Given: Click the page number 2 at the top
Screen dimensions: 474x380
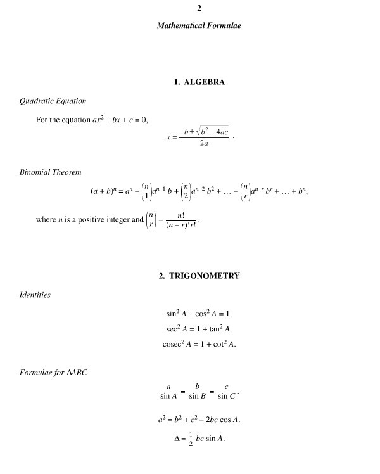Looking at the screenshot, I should (x=199, y=8).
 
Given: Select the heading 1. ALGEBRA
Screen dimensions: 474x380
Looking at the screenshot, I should (x=199, y=82).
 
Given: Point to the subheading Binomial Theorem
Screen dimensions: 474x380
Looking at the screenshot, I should (x=51, y=172).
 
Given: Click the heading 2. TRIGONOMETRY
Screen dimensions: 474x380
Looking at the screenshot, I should (x=199, y=276).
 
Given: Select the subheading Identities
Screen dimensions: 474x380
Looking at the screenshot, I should (x=35, y=295).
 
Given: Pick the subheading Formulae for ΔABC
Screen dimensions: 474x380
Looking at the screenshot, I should (x=54, y=372).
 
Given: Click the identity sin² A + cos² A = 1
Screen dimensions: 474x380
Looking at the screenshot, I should (x=199, y=314).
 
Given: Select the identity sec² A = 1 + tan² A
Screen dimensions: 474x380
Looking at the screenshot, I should (x=199, y=329).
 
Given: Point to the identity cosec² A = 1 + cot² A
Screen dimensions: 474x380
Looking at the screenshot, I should (x=199, y=344).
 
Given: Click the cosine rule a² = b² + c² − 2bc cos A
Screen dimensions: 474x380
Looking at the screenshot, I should (x=199, y=420).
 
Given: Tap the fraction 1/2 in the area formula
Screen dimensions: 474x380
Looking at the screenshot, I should (x=174, y=439).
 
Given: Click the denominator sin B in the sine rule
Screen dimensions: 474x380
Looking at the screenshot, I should (x=198, y=397).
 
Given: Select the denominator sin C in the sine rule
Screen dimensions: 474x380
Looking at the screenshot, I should (x=226, y=397).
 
